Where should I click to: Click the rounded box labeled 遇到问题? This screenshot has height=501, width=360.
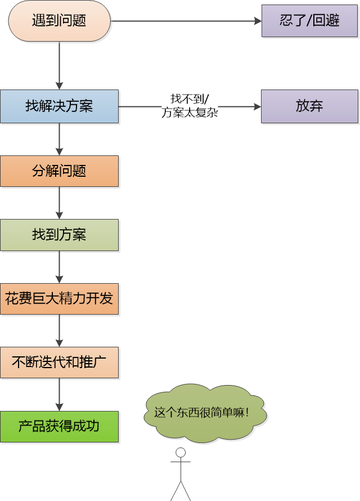(x=59, y=21)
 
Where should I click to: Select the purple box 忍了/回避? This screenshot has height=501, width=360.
(x=309, y=21)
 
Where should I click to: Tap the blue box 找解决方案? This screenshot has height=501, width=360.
(x=59, y=106)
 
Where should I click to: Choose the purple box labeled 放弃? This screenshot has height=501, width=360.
(x=309, y=106)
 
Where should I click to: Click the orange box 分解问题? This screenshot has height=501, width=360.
(x=59, y=171)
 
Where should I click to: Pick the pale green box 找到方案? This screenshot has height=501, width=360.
(x=59, y=235)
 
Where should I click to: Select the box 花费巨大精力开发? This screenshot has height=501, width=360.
(x=59, y=298)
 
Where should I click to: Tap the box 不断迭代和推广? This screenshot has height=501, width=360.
(x=59, y=363)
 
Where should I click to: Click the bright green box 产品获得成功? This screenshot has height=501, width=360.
(x=59, y=426)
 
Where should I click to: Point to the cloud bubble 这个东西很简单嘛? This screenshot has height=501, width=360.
(x=205, y=413)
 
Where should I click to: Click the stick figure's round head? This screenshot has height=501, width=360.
(x=181, y=452)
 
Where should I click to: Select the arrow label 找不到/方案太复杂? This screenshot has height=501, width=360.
(x=189, y=106)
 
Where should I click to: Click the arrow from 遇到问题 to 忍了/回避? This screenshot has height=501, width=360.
(x=186, y=21)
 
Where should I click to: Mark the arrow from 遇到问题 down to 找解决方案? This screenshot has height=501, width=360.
(x=59, y=65)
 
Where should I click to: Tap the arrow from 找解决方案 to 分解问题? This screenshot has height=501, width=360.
(x=59, y=138)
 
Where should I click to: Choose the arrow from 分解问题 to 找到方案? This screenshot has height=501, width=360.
(x=59, y=202)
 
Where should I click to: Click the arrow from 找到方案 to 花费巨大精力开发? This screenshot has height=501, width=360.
(x=59, y=266)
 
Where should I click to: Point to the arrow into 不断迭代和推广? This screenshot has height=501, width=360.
(x=59, y=330)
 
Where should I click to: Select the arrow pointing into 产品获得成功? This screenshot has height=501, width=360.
(x=59, y=394)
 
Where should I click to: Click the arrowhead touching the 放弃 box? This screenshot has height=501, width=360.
(x=257, y=106)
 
